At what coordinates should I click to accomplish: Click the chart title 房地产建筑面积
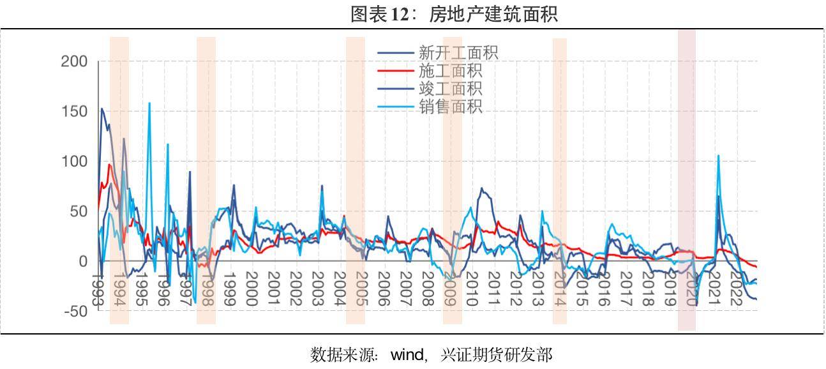(x=454, y=14)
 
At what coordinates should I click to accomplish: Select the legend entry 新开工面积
(x=458, y=53)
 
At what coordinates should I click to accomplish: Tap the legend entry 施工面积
(x=450, y=71)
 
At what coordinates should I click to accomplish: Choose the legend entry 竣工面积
(x=450, y=89)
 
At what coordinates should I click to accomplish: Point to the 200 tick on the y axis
(x=74, y=62)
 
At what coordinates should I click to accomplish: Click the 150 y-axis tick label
(x=74, y=112)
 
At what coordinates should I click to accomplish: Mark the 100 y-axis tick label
(x=74, y=162)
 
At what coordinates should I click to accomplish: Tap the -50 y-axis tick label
(x=74, y=312)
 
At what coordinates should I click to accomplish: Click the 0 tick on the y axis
(x=83, y=262)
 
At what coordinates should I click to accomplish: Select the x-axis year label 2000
(x=251, y=289)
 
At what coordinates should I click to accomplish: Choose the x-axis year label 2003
(x=317, y=289)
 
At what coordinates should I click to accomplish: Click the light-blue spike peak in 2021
(x=718, y=156)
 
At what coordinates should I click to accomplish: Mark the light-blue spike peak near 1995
(x=149, y=103)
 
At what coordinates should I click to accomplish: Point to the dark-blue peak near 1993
(x=101, y=109)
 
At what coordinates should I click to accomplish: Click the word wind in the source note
(x=407, y=354)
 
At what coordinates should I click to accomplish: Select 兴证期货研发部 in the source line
(x=496, y=354)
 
